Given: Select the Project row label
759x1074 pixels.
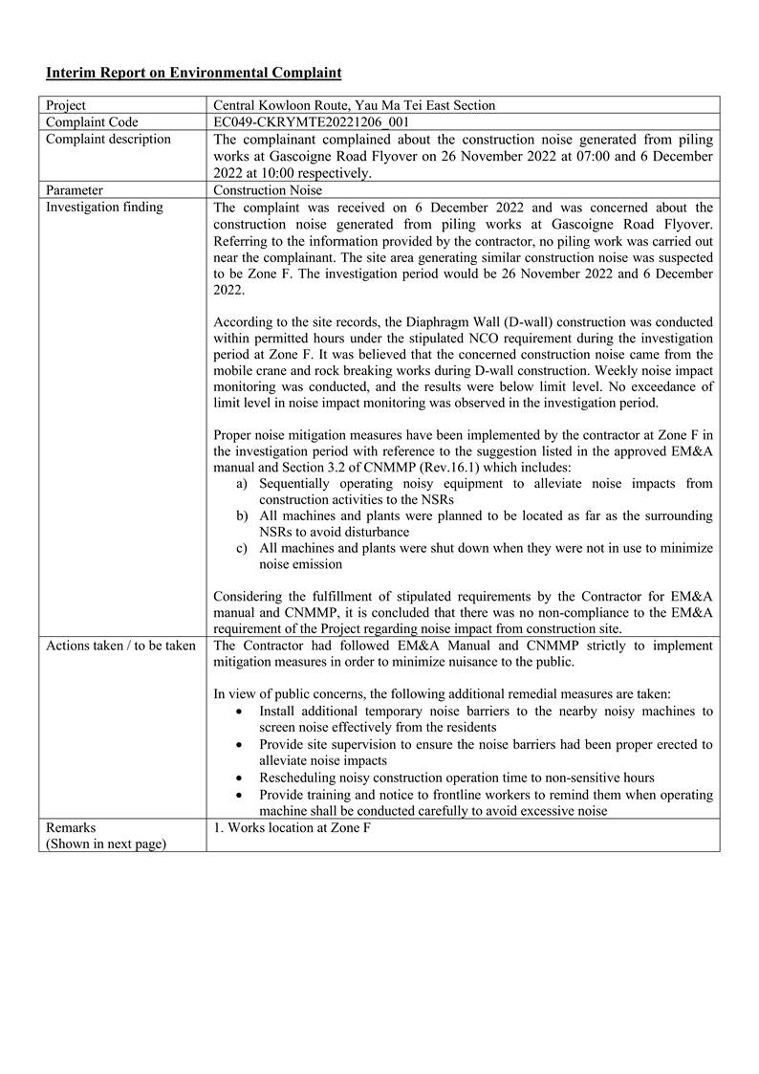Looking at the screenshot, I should click(66, 105).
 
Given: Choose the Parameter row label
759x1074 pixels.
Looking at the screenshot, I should click(75, 190).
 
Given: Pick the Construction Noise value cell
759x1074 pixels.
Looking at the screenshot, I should click(268, 190).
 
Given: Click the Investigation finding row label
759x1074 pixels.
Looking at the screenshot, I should click(104, 208).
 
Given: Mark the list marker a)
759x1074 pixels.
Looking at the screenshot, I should click(243, 484).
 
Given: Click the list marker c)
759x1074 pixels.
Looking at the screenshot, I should click(243, 548).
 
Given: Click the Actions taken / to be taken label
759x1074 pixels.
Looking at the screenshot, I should click(120, 646).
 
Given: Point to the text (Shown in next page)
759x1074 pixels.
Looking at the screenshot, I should click(105, 844).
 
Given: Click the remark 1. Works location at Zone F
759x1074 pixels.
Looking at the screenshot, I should click(292, 827).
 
